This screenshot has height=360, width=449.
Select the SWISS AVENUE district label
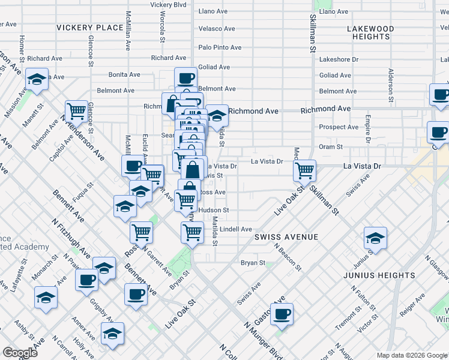[x=286, y=237]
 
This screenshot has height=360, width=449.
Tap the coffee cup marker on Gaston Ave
[x=282, y=314]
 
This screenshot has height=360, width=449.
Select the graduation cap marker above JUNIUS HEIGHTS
[x=375, y=238]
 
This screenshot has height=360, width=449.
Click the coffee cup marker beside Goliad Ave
[x=185, y=77]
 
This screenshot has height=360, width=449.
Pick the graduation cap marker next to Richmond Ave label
[x=217, y=114]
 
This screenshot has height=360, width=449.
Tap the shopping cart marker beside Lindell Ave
[x=192, y=231]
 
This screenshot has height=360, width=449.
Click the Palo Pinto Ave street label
[x=220, y=47]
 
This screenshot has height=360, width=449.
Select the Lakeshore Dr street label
[x=339, y=59]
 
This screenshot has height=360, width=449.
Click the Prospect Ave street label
[x=339, y=127]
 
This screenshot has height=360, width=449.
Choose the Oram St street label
[x=331, y=146]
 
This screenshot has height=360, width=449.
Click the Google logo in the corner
[x=20, y=353]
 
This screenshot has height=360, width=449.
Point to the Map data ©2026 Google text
[x=411, y=355]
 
